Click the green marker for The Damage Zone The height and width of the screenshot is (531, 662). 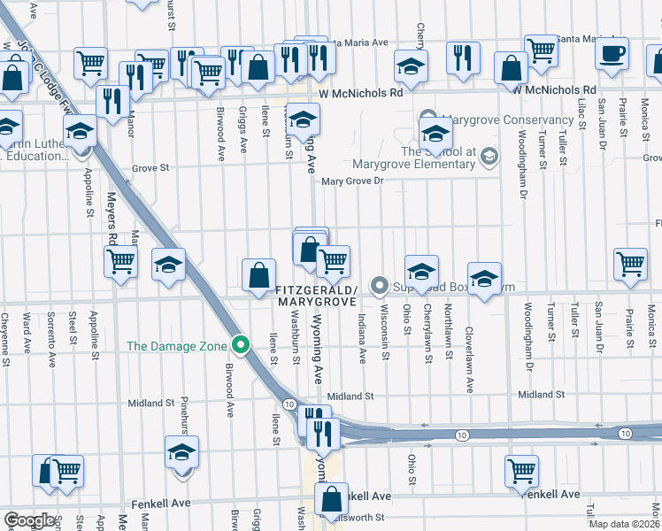click(239, 345)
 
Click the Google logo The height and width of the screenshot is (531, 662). click(30, 520)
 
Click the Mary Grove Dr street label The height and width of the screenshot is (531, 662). click(355, 181)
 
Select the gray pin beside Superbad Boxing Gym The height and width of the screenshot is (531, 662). click(381, 285)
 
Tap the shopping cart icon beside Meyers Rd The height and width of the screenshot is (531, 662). click(120, 261)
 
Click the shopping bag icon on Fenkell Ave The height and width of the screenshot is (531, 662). click(331, 501)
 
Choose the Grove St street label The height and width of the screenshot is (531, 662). click(150, 166)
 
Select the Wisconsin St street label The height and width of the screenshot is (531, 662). click(385, 333)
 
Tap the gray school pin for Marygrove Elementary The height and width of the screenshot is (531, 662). click(488, 158)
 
